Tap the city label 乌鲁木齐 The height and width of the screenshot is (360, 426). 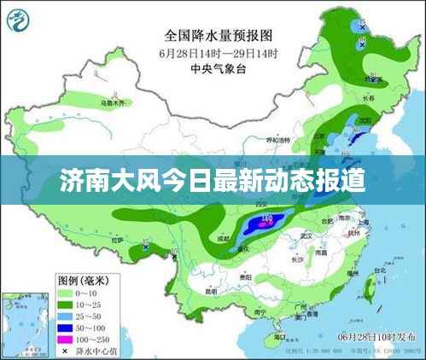pos(112,103)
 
